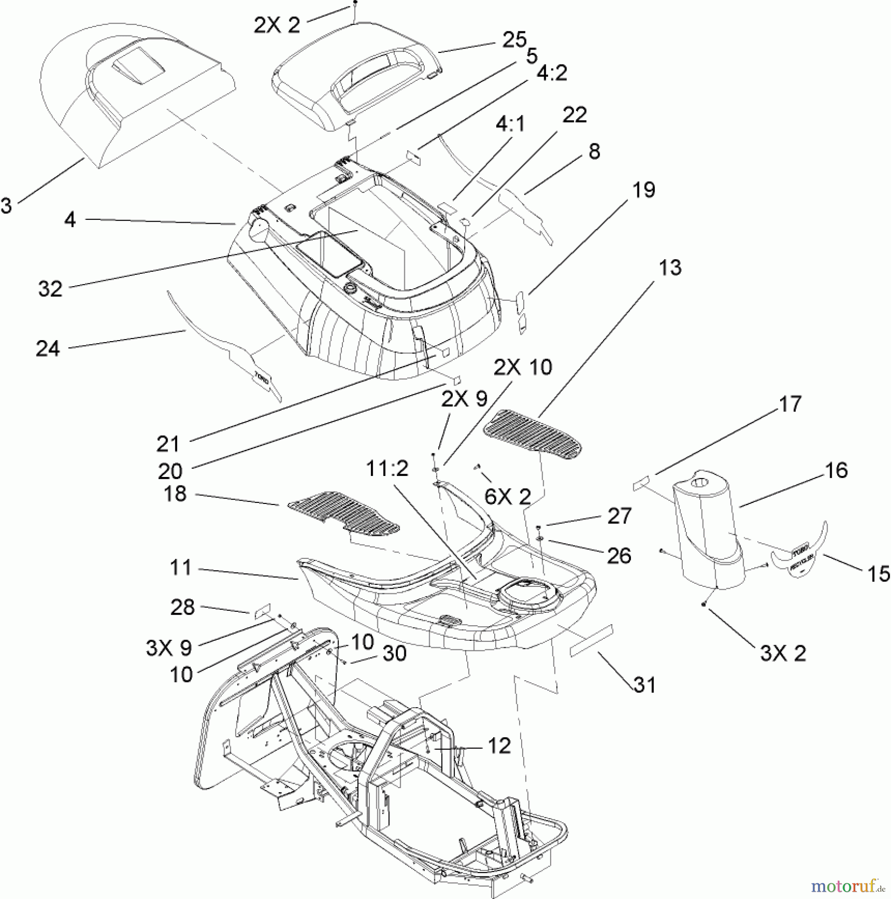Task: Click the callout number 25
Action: pyautogui.click(x=514, y=40)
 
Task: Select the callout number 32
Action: pyautogui.click(x=50, y=289)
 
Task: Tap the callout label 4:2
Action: pyautogui.click(x=552, y=73)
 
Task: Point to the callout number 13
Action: pyautogui.click(x=669, y=268)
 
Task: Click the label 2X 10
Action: pyautogui.click(x=523, y=367)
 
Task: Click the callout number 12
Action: pyautogui.click(x=499, y=746)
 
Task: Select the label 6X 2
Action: pyautogui.click(x=508, y=496)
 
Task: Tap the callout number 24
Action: pyautogui.click(x=47, y=349)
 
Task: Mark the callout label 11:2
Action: pyautogui.click(x=387, y=469)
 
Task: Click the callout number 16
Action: pyautogui.click(x=836, y=470)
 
